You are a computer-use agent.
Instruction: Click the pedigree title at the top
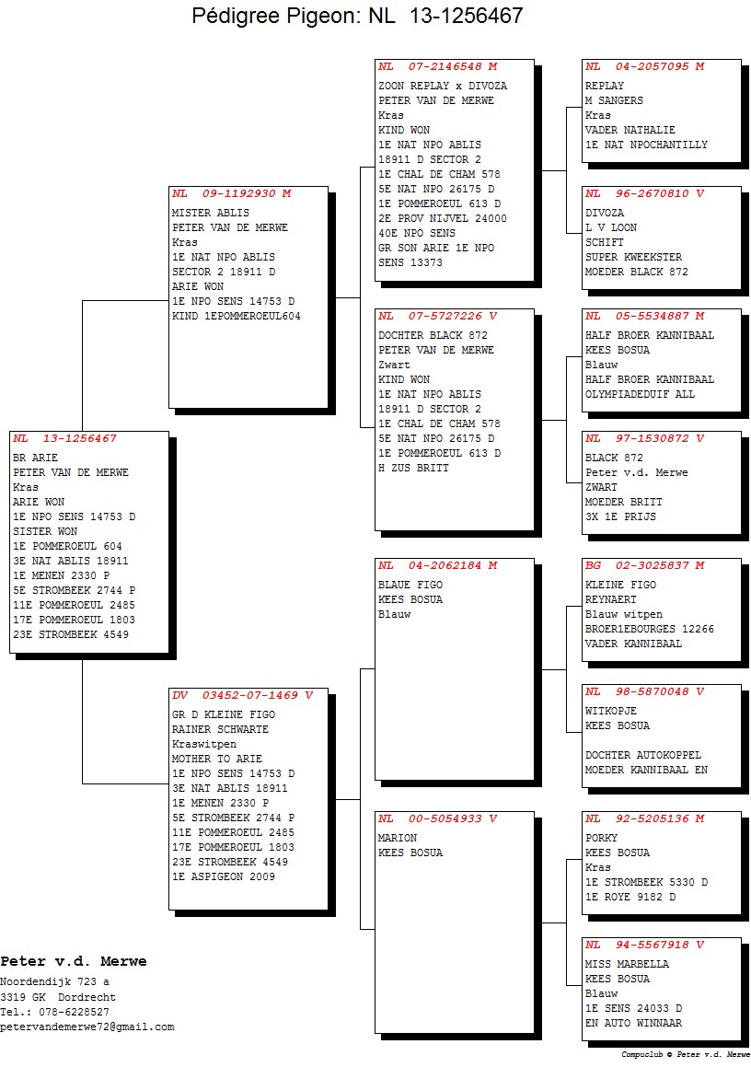[x=357, y=15]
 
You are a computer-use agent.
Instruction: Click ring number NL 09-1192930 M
[x=232, y=193]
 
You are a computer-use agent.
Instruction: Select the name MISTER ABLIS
[x=211, y=213]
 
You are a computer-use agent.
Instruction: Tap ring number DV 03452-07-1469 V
[x=242, y=695]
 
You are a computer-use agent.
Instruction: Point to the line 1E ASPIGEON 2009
[x=224, y=876]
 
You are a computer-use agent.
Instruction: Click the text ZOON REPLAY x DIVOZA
[x=443, y=86]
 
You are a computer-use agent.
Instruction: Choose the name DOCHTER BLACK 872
[x=433, y=335]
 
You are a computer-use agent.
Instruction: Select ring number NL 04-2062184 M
[x=438, y=565]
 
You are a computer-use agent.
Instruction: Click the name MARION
[x=398, y=838]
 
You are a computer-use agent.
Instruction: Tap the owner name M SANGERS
[x=614, y=100]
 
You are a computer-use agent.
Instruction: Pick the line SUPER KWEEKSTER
[x=633, y=258]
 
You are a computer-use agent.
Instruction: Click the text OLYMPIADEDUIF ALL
[x=641, y=394]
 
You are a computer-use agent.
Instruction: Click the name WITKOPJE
[x=611, y=711]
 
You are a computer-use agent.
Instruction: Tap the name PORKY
[x=601, y=838]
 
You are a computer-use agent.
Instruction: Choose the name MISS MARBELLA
[x=627, y=964]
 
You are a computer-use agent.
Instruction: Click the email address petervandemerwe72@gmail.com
[x=87, y=1027]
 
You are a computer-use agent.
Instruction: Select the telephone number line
[x=55, y=1012]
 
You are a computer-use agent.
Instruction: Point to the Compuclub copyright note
[x=686, y=1054]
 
